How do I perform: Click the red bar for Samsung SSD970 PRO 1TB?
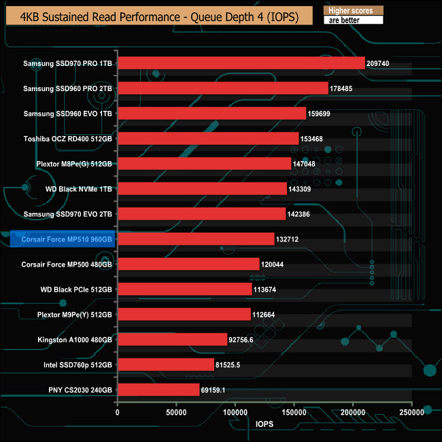pos(241,63)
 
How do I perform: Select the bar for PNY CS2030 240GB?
pos(158,390)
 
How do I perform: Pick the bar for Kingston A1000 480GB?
pos(172,339)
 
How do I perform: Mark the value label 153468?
pos(314,139)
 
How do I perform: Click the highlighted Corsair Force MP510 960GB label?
pos(67,239)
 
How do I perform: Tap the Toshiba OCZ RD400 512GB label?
pos(67,139)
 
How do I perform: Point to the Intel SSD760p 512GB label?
pos(76,364)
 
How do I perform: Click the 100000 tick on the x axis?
pos(235,412)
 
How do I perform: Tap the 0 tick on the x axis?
pos(118,412)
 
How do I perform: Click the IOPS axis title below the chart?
pos(265,426)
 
